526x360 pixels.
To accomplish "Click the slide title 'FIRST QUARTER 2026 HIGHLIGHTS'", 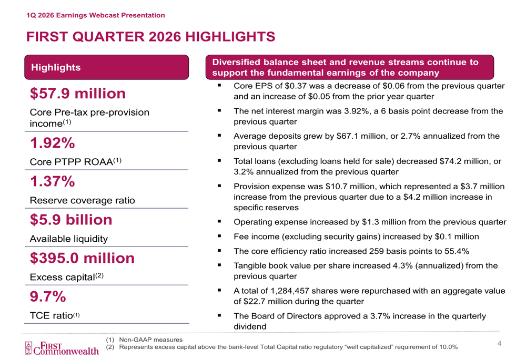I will pyautogui.click(x=150, y=36).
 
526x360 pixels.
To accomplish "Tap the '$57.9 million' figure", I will pyautogui.click(x=78, y=94).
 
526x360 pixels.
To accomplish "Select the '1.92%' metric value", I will pyautogui.click(x=52, y=143).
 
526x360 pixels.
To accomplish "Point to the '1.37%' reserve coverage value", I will pyautogui.click(x=52, y=181).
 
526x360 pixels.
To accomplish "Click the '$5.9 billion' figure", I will pyautogui.click(x=71, y=220).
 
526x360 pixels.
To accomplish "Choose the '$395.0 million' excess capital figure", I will pyautogui.click(x=82, y=258).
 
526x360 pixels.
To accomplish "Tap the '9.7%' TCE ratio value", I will pyautogui.click(x=48, y=297).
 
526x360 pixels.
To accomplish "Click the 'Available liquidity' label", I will pyautogui.click(x=69, y=239).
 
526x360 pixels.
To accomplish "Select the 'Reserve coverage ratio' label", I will pyautogui.click(x=82, y=200).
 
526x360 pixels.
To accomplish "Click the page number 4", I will pyautogui.click(x=500, y=344).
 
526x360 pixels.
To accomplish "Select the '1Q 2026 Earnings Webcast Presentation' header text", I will pyautogui.click(x=96, y=15).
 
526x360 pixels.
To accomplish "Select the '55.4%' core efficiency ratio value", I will pyautogui.click(x=453, y=250).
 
